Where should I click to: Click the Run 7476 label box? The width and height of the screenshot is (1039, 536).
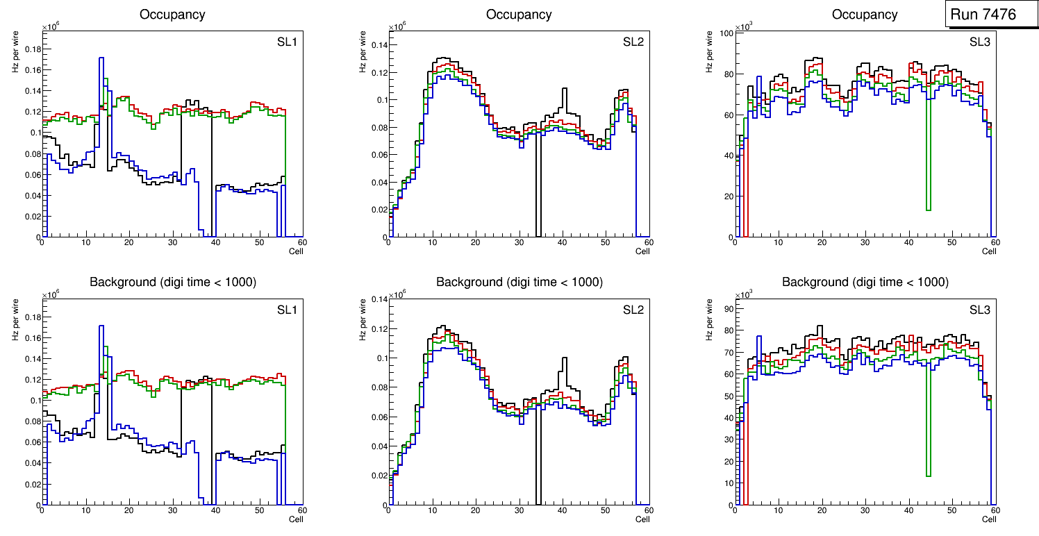click(991, 15)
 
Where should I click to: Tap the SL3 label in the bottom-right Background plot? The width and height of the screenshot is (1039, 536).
click(979, 310)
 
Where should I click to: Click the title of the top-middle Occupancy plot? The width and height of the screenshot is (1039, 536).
click(519, 15)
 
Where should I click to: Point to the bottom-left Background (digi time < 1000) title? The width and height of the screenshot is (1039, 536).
click(172, 282)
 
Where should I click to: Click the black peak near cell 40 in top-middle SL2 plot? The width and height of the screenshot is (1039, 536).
click(565, 89)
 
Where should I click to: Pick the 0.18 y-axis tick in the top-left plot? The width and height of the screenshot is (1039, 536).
click(32, 49)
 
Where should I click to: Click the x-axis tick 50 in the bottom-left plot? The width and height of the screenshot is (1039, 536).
click(258, 510)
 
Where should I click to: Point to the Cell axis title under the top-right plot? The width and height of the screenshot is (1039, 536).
click(989, 251)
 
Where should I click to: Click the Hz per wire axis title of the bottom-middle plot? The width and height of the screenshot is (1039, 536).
click(362, 319)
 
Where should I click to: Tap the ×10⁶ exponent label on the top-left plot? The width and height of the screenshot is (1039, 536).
click(50, 27)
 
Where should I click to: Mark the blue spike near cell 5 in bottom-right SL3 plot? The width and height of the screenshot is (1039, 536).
click(759, 337)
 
